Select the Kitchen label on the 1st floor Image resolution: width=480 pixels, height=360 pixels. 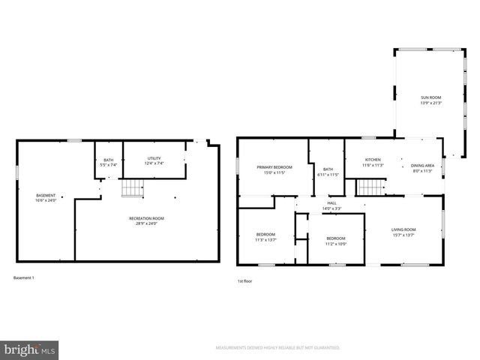tap(373, 159)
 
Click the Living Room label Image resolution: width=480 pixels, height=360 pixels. tap(403, 229)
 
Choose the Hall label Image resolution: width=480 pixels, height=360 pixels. tap(331, 202)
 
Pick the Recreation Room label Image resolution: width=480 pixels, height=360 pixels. tap(146, 218)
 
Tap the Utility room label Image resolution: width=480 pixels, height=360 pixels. tap(154, 157)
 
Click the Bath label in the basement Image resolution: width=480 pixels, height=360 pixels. tap(109, 160)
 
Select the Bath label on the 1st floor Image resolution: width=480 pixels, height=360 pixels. tap(328, 169)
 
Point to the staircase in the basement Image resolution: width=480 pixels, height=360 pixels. tap(132, 188)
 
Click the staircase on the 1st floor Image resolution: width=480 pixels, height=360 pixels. tap(370, 187)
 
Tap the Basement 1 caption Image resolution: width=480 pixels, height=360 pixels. tap(24, 278)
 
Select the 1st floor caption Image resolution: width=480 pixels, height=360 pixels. tap(245, 280)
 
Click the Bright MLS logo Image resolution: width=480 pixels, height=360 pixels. tap(30, 349)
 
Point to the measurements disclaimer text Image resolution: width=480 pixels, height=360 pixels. tap(277, 348)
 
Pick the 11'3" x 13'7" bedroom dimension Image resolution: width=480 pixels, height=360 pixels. tap(266, 240)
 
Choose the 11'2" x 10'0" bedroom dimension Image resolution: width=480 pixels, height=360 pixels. tap(335, 243)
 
